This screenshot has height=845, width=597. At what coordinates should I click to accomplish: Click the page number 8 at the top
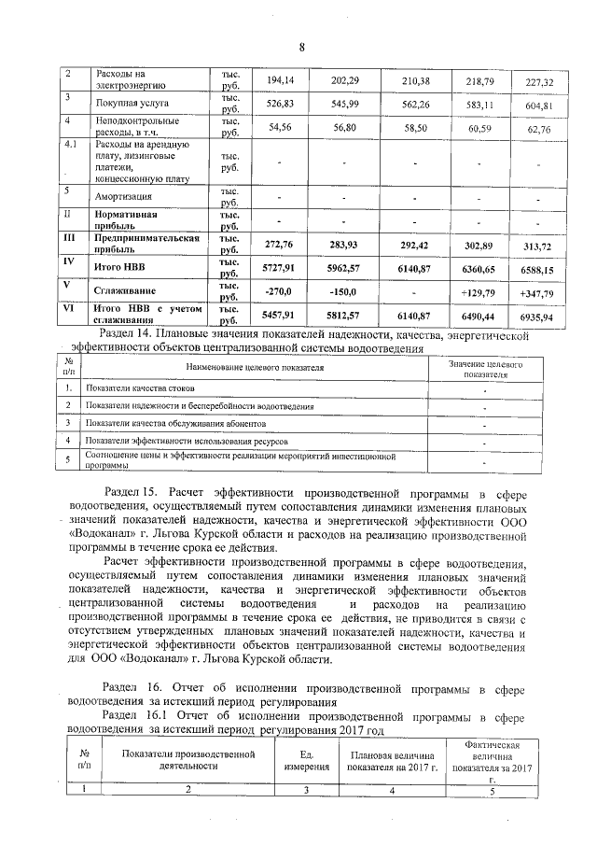[x=301, y=48]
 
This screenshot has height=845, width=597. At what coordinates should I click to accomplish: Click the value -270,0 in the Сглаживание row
[x=280, y=290]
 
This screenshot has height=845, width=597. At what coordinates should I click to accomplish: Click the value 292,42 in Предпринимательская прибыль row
[x=411, y=246]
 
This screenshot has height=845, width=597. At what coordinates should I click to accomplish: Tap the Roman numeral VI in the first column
[x=68, y=307]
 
